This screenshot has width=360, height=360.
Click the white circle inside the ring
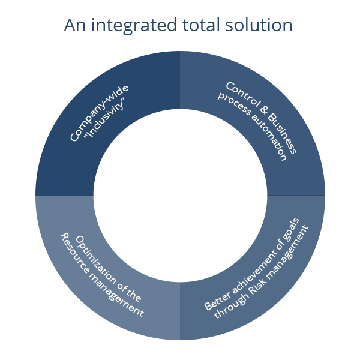(x=180, y=195)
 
